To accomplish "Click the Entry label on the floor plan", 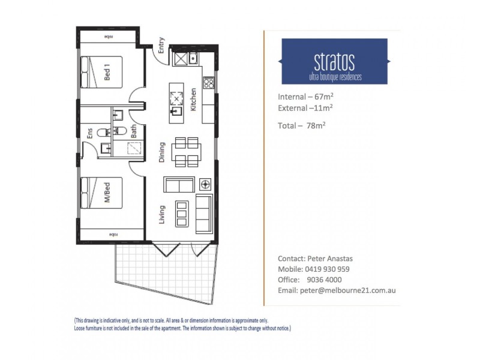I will point(161,45).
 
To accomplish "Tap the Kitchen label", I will point(193,100).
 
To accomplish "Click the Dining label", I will point(162,152).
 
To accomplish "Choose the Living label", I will point(162,214).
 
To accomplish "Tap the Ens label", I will point(90,133).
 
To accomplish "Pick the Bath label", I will point(134,131).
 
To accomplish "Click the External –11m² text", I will point(305,109).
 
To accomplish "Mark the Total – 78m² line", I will point(302,125).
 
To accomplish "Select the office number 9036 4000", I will point(325,279).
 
